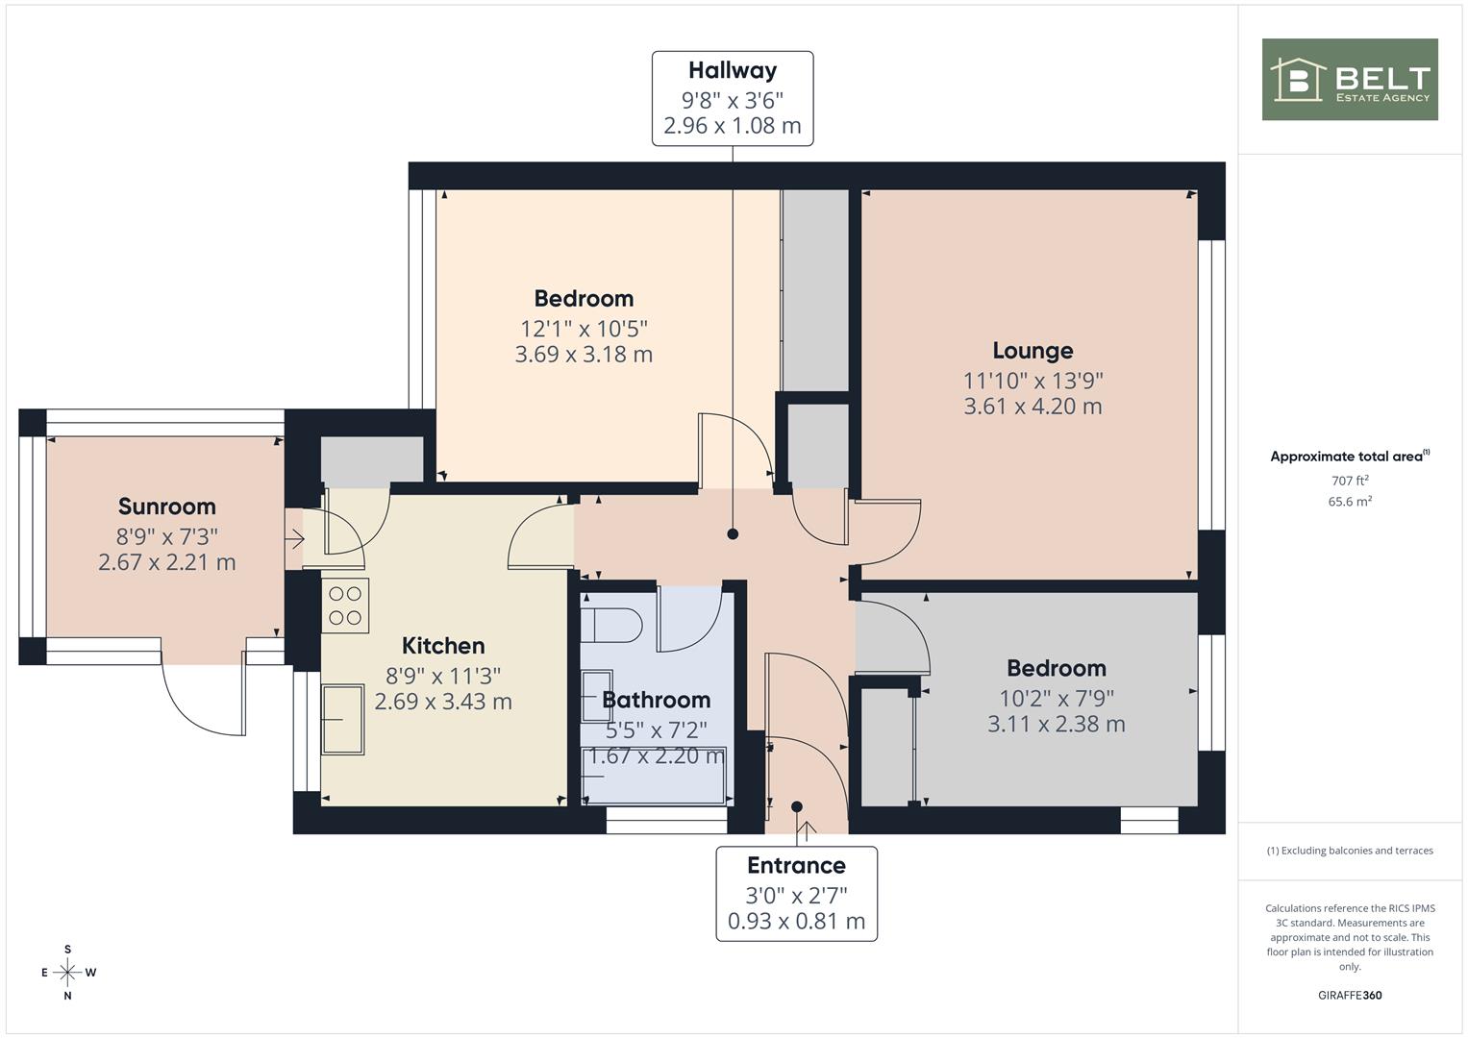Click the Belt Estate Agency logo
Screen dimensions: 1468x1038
(x=1350, y=79)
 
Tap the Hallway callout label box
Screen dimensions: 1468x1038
(x=733, y=98)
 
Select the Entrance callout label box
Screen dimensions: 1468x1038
(x=796, y=894)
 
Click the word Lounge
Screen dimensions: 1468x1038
(x=1033, y=351)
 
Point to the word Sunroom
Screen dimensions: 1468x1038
(x=167, y=507)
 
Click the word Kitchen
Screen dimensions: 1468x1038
(x=444, y=646)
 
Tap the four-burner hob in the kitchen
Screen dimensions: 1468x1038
(x=345, y=605)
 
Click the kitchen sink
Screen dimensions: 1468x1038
(x=343, y=720)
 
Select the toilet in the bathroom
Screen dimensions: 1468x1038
(x=610, y=626)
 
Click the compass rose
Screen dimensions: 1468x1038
(x=67, y=973)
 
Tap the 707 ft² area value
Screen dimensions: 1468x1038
(x=1350, y=481)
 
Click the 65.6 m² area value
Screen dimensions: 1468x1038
(x=1350, y=502)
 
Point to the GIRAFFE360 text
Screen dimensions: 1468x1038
(x=1350, y=996)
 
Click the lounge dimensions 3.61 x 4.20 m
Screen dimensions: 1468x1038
(x=1033, y=407)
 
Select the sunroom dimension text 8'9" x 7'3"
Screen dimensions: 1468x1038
(x=167, y=536)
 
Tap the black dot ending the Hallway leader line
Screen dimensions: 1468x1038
(x=733, y=534)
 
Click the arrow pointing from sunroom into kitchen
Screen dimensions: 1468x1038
(x=294, y=539)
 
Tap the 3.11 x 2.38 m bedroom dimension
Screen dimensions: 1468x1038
(x=1057, y=724)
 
